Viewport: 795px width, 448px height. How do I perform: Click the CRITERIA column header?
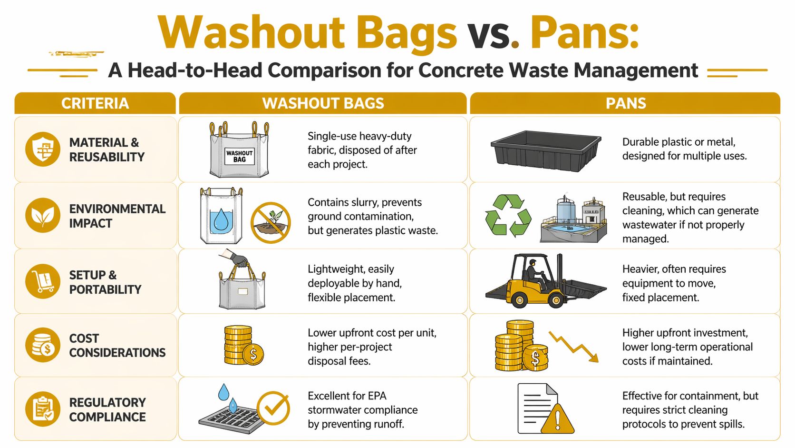pyautogui.click(x=95, y=103)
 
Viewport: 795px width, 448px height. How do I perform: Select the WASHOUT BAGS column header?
pyautogui.click(x=323, y=103)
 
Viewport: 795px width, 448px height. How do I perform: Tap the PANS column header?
pyautogui.click(x=625, y=103)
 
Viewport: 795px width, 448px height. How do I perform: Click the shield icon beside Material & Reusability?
pyautogui.click(x=43, y=149)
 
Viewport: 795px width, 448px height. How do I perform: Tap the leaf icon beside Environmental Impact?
pyautogui.click(x=43, y=215)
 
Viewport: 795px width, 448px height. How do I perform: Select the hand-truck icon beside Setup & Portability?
pyautogui.click(x=43, y=281)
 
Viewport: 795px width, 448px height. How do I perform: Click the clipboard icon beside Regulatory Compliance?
pyautogui.click(x=43, y=408)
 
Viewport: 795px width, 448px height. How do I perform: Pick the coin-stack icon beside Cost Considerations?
pyautogui.click(x=43, y=345)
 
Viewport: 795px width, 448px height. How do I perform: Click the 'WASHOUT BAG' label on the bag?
pyautogui.click(x=239, y=156)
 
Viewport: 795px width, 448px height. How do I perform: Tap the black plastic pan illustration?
pyautogui.click(x=545, y=150)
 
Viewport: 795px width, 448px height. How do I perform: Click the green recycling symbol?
pyautogui.click(x=508, y=215)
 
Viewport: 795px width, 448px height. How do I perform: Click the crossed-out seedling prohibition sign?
pyautogui.click(x=271, y=222)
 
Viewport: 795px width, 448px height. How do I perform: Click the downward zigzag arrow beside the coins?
pyautogui.click(x=573, y=347)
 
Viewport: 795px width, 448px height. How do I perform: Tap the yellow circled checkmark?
pyautogui.click(x=273, y=408)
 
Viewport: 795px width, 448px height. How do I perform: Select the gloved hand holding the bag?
pyautogui.click(x=237, y=259)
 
